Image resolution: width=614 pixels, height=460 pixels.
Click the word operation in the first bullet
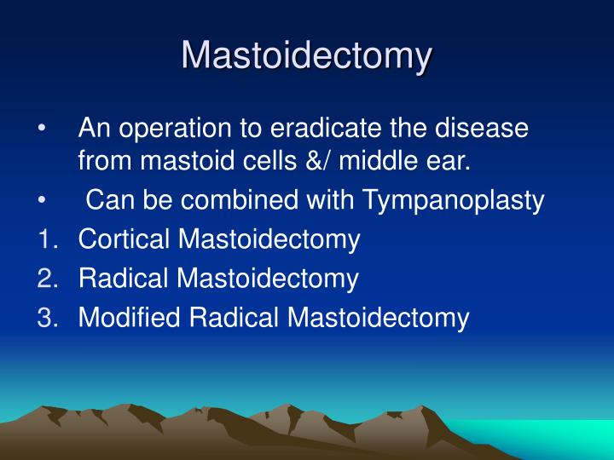(x=177, y=129)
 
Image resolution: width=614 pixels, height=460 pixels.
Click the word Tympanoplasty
(x=453, y=201)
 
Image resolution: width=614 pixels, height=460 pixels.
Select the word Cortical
(x=125, y=239)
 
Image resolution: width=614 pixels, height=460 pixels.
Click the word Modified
(x=130, y=318)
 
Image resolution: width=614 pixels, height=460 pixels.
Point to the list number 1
(x=46, y=239)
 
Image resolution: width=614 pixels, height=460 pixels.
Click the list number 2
(x=46, y=279)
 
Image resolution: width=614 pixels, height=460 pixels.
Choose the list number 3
(x=46, y=318)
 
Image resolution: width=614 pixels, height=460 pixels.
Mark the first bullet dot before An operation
(x=43, y=129)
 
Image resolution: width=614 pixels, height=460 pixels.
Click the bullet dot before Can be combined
(x=43, y=201)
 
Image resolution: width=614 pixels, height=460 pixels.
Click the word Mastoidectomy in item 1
(x=269, y=240)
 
